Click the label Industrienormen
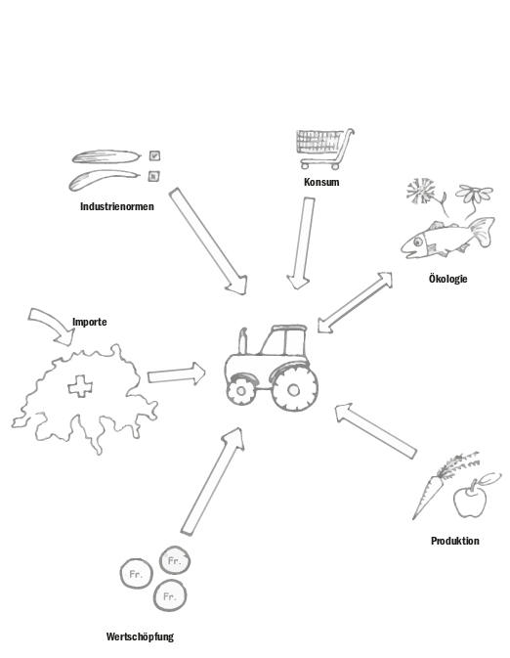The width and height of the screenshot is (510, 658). pyautogui.click(x=117, y=206)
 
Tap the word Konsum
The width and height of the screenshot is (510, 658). pyautogui.click(x=321, y=182)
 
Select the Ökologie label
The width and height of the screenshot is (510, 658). pyautogui.click(x=447, y=279)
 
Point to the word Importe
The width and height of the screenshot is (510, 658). pyautogui.click(x=90, y=322)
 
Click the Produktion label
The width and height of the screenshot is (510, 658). pyautogui.click(x=455, y=541)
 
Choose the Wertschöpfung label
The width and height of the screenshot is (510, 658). pyautogui.click(x=140, y=637)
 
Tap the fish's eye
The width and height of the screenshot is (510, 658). pyautogui.click(x=418, y=241)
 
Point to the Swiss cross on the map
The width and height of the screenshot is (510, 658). pyautogui.click(x=80, y=386)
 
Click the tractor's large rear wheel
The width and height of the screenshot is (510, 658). pyautogui.click(x=294, y=390)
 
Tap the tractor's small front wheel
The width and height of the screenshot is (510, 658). pyautogui.click(x=240, y=391)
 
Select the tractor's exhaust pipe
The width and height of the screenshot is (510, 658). pyautogui.click(x=243, y=341)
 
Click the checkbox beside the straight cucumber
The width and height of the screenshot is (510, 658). pyautogui.click(x=154, y=155)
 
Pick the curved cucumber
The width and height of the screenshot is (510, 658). pyautogui.click(x=103, y=179)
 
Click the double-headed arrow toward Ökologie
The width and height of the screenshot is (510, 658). pyautogui.click(x=355, y=302)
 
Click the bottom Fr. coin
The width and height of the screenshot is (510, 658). pyautogui.click(x=170, y=595)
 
